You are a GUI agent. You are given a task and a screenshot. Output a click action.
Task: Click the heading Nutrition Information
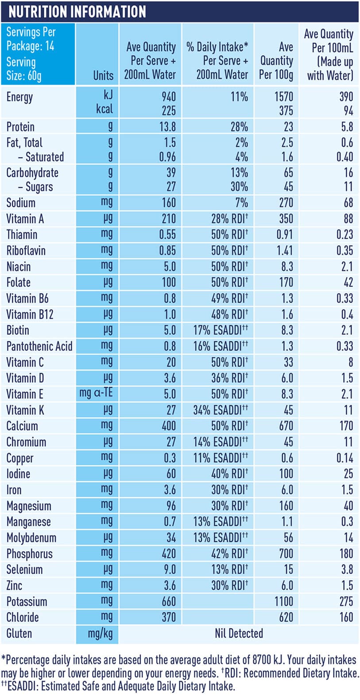click(77, 12)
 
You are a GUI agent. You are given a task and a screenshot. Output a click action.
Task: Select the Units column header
click(103, 75)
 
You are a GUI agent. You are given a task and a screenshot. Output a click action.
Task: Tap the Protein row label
click(20, 127)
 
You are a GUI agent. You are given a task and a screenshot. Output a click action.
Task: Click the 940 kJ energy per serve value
click(168, 97)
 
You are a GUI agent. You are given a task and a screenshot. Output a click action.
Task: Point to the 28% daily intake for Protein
click(239, 127)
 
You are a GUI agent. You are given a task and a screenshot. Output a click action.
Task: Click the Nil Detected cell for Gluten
click(239, 633)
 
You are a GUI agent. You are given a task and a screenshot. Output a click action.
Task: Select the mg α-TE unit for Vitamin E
click(96, 394)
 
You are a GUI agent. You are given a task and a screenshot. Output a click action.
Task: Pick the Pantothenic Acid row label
click(39, 346)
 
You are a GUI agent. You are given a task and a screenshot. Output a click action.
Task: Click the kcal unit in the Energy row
click(105, 109)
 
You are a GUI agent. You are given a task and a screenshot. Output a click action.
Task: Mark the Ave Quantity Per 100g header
click(276, 61)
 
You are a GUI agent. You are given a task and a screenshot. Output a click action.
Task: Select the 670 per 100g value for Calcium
click(286, 426)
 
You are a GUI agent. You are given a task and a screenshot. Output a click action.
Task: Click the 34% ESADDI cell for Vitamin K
click(220, 410)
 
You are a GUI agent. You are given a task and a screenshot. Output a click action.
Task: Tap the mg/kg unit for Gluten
click(100, 634)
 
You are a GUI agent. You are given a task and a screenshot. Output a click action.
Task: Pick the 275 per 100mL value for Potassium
click(346, 601)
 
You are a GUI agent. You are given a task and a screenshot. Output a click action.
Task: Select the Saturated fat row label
click(41, 157)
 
